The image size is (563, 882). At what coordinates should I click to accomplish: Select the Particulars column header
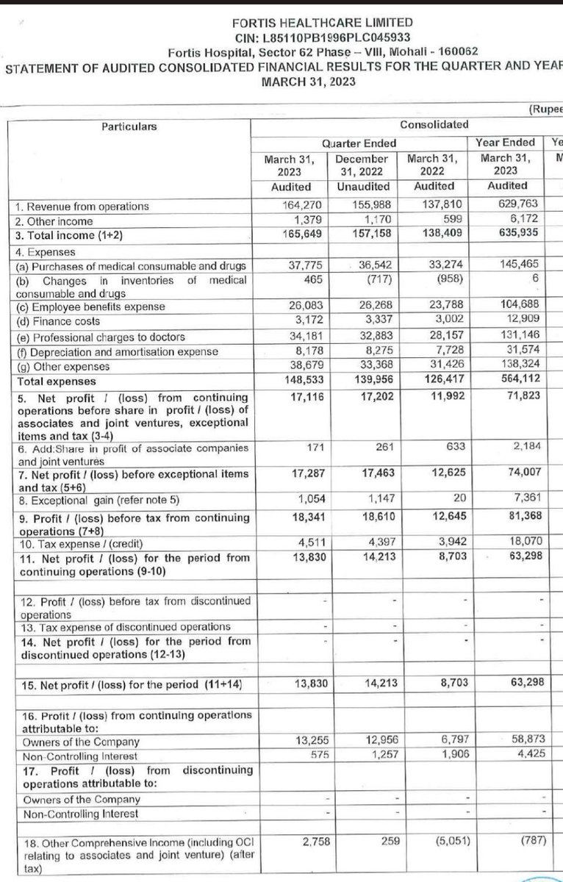[129, 126]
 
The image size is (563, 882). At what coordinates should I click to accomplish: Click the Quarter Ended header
[359, 143]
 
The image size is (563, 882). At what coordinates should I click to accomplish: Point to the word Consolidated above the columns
[434, 124]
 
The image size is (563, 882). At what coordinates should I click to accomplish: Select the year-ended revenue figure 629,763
[504, 207]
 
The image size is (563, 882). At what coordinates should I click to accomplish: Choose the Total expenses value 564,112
[504, 381]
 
